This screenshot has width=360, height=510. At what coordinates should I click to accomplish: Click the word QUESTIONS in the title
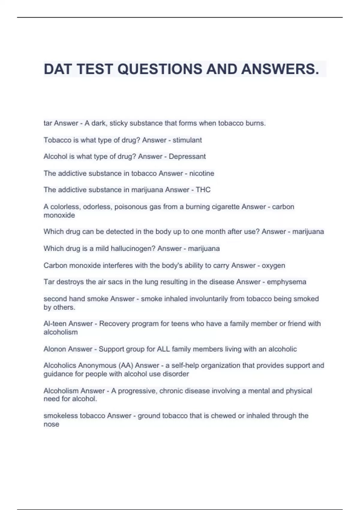(160, 69)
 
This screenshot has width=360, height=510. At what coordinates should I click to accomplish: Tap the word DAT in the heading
(58, 69)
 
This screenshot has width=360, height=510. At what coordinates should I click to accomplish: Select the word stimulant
(187, 140)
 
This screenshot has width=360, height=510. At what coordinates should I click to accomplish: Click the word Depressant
(187, 157)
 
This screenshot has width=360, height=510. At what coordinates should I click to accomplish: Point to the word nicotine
(202, 173)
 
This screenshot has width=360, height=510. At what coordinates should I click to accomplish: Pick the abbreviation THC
(203, 190)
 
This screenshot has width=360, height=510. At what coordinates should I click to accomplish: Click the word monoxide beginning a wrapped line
(59, 215)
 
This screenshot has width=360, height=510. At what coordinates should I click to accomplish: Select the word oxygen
(273, 265)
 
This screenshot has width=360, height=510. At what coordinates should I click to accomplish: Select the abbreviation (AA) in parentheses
(126, 365)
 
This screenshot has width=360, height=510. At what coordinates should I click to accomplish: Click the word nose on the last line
(51, 424)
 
